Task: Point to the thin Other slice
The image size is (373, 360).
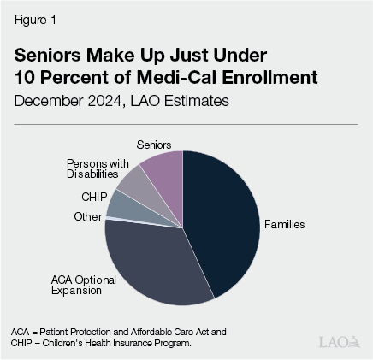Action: (110, 218)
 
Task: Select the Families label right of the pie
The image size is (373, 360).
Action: (285, 225)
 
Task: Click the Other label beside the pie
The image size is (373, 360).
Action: (87, 217)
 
